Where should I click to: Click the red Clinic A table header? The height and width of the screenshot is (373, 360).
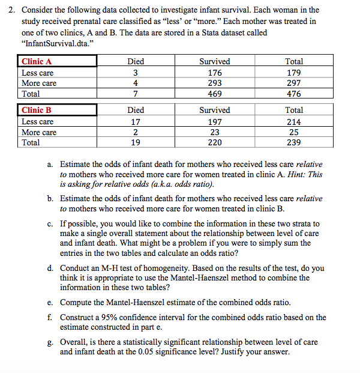[x=37, y=61]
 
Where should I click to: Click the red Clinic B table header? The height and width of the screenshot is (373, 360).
[x=37, y=110]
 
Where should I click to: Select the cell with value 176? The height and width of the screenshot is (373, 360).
[x=214, y=72]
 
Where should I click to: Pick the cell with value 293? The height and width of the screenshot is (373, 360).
[x=214, y=83]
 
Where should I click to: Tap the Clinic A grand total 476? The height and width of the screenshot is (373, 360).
[x=294, y=94]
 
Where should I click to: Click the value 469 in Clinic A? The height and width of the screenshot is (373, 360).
[x=214, y=94]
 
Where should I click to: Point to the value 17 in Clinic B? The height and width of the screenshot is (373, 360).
[x=136, y=121]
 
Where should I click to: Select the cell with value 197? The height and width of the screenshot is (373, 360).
[x=214, y=121]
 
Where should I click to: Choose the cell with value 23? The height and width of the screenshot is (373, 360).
[x=214, y=132]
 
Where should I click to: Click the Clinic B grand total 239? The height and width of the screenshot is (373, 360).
[x=294, y=142]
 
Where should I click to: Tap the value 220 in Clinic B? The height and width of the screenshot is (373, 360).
[x=214, y=142]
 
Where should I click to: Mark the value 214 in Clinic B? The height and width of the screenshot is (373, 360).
[x=294, y=121]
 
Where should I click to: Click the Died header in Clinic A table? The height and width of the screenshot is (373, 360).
[x=136, y=61]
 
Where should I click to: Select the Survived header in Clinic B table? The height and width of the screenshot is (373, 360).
[x=214, y=110]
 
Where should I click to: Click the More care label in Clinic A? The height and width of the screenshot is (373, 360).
[x=39, y=83]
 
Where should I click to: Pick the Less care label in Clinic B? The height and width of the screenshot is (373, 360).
[x=37, y=121]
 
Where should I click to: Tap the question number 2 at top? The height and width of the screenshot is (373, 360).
[x=9, y=10]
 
